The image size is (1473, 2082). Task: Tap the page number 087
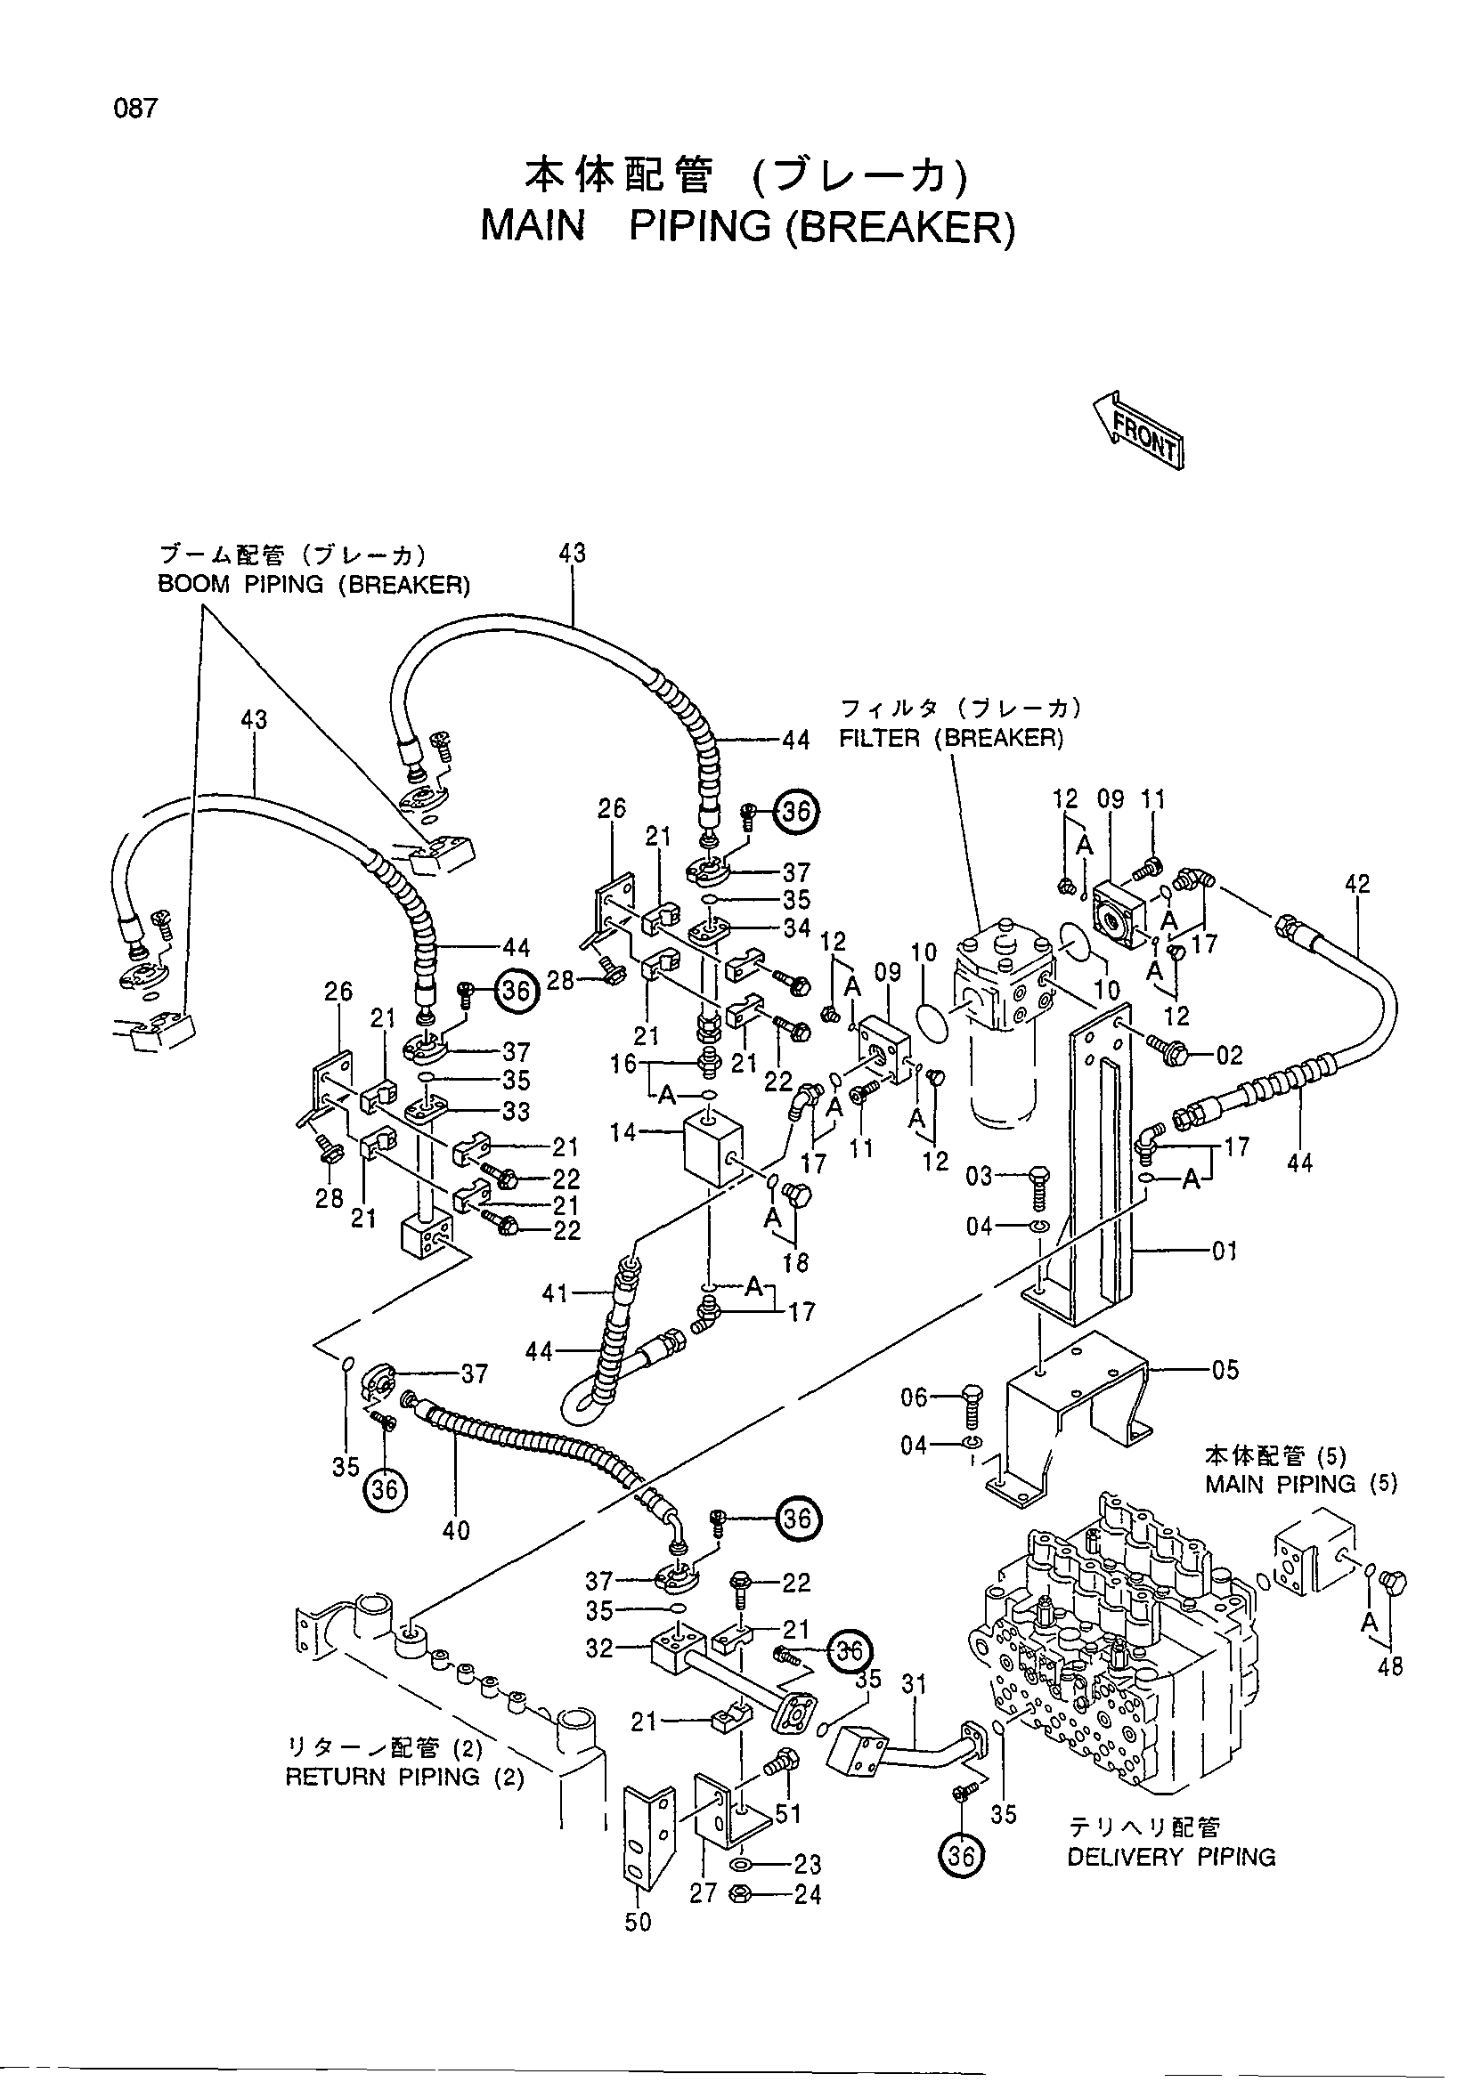[x=136, y=109]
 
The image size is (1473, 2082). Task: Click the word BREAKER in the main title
[x=899, y=227]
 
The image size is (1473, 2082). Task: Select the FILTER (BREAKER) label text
[x=950, y=739]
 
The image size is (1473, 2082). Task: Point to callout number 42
[x=1357, y=884]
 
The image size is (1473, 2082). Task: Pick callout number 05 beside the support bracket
[x=1225, y=1370]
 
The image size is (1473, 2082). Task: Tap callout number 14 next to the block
[x=623, y=1131]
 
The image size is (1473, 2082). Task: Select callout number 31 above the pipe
[x=915, y=1685]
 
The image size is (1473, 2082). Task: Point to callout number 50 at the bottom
[x=638, y=1923]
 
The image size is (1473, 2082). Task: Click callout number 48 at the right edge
[x=1390, y=1665]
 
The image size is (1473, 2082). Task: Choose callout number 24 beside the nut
[x=807, y=1895]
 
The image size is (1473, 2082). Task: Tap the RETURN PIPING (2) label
[x=404, y=1778]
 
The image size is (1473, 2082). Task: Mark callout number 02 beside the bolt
[x=1230, y=1056]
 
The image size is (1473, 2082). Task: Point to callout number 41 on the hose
[x=555, y=1293]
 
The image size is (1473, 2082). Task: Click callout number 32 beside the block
[x=599, y=1648]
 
